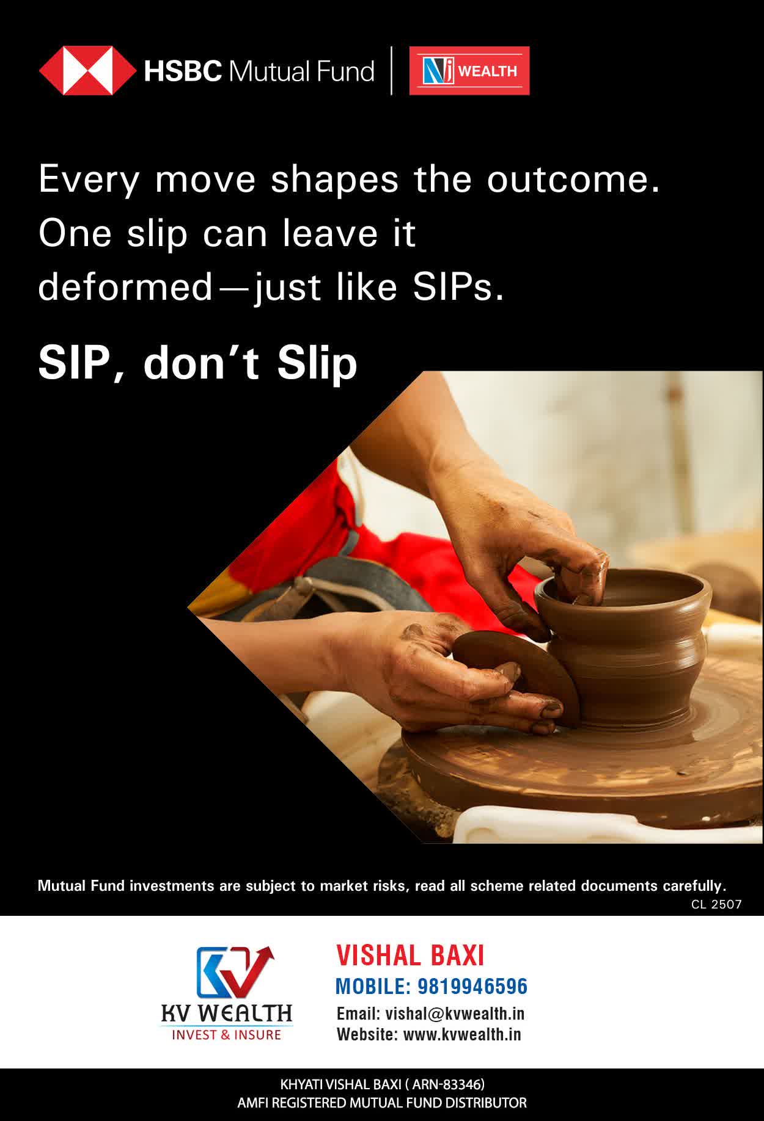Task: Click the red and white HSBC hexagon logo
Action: point(88,71)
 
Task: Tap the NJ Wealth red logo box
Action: point(469,71)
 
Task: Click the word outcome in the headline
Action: point(573,180)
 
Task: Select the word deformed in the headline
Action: point(125,286)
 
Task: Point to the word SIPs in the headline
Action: point(458,286)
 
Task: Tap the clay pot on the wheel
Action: point(623,647)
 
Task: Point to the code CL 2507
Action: point(716,905)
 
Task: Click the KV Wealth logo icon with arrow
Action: point(234,973)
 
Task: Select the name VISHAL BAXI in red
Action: point(410,956)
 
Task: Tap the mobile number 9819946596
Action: point(472,986)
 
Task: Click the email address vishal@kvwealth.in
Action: point(455,1014)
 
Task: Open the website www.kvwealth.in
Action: point(462,1034)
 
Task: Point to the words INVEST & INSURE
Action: point(226,1034)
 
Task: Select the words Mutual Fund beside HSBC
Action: point(301,71)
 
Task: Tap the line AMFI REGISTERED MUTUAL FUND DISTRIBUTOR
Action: point(382,1103)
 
